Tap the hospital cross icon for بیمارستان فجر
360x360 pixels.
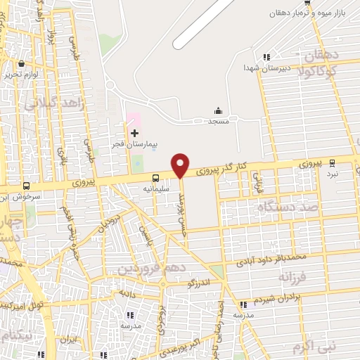(134, 133)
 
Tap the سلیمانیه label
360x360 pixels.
(157, 188)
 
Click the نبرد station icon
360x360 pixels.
(333, 162)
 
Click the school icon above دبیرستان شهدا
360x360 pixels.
(266, 57)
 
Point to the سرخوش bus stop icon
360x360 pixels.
(27, 186)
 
